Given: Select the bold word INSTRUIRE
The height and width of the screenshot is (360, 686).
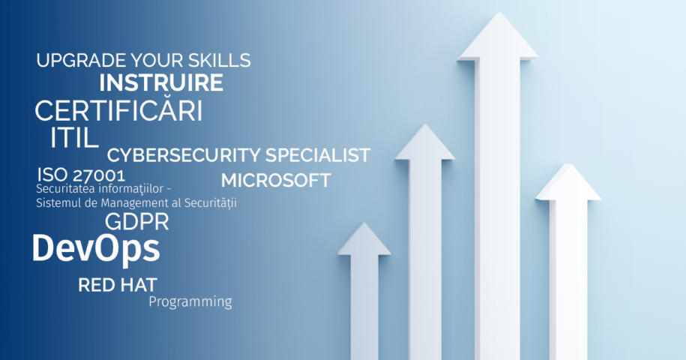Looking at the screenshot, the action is pos(161,82).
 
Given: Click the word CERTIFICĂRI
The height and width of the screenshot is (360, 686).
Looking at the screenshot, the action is pos(118,110).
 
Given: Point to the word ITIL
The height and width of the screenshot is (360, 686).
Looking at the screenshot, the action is pos(74,138).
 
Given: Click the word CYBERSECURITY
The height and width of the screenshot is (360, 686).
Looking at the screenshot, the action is pos(184,155).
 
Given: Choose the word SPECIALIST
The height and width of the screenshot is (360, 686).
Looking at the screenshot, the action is pos(318,155).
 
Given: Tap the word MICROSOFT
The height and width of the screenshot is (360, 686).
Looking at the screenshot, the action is pos(276,181).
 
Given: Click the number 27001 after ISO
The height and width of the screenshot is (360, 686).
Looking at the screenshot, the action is pos(99,175).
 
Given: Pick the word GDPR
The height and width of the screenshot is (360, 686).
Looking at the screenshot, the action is pos(137,222).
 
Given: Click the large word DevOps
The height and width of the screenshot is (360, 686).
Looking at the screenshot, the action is pos(96,249).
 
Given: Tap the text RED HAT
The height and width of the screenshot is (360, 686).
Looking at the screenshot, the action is pos(117,285).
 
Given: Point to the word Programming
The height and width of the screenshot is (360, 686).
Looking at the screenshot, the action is pos(190,301).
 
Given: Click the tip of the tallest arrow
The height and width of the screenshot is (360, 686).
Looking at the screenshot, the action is pos(499,12).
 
